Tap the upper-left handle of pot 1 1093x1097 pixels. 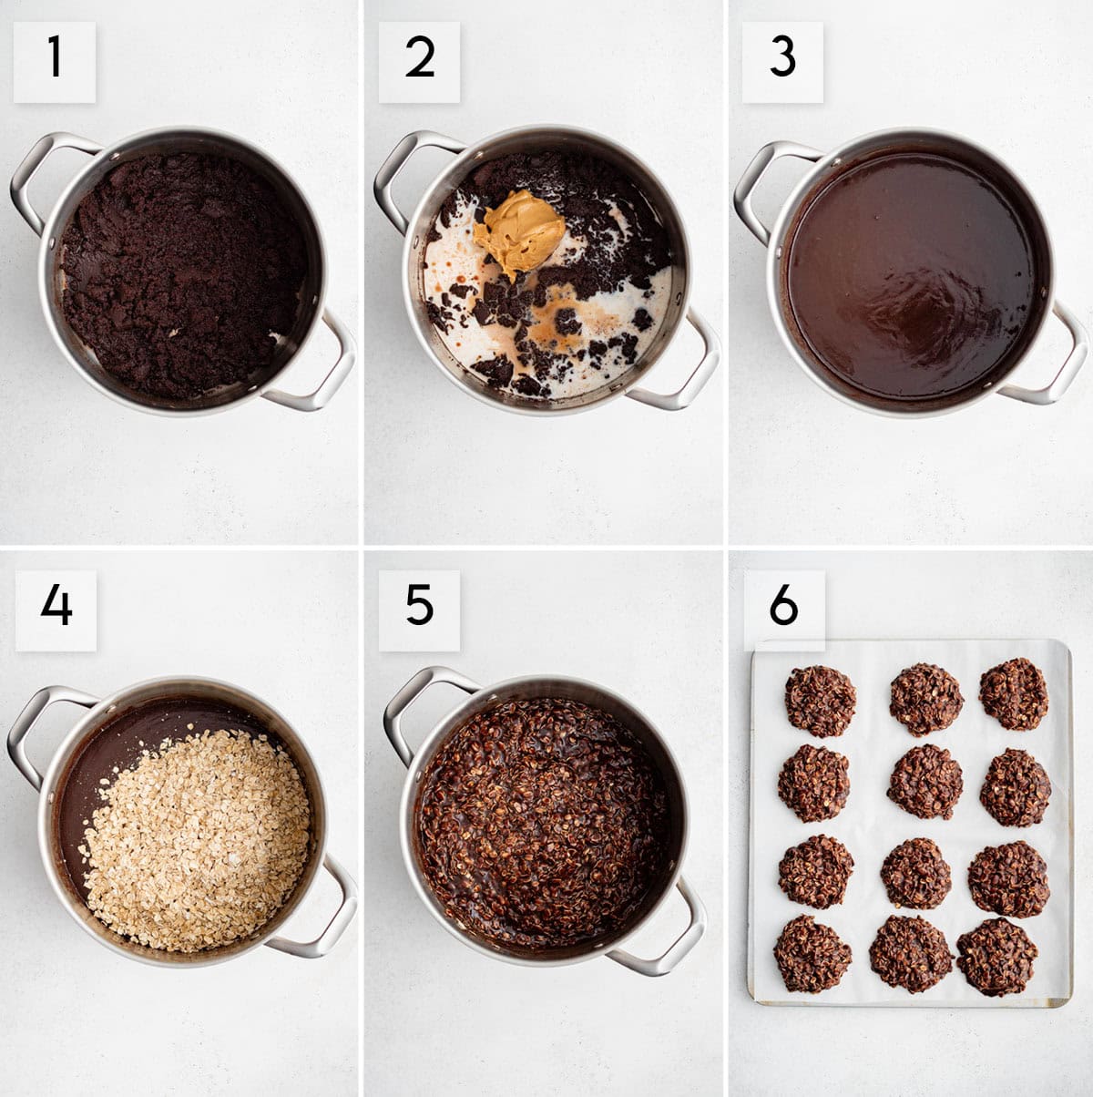36,178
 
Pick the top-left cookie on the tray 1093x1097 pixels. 820,700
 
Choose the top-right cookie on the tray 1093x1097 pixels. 1014,693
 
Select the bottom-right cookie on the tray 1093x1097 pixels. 996,957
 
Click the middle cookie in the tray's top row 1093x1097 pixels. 925,699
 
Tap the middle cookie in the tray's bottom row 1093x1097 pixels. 910,953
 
